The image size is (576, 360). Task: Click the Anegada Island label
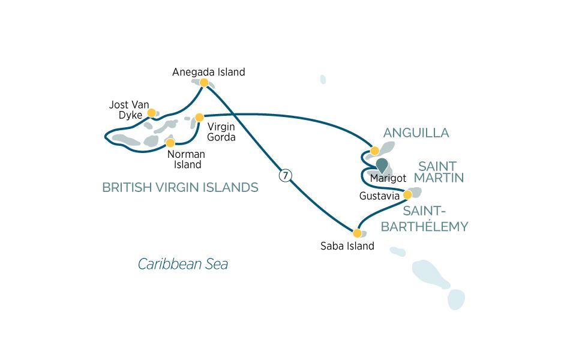pos(208,72)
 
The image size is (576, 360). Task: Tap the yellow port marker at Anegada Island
pos(204,83)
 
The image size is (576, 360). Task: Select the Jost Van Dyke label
pos(129,110)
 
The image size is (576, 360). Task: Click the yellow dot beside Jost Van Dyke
pos(152,112)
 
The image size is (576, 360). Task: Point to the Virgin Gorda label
pos(221,132)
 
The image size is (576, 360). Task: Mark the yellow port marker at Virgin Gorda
pos(200,118)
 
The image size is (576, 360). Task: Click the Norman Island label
pos(186,160)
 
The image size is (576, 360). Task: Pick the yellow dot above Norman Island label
pos(170,143)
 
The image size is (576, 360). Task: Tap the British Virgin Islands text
pos(180,188)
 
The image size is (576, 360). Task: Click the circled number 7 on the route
pos(286,176)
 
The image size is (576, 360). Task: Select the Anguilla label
pos(416,133)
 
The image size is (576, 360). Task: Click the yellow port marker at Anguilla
pos(375,151)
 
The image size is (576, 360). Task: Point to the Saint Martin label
pos(441,172)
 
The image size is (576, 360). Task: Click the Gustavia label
pos(379,196)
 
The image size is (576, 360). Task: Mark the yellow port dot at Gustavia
pos(407,194)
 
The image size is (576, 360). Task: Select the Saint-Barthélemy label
pos(424,219)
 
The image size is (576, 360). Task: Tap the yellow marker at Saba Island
pos(357,233)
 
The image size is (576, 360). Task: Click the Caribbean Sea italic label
pos(183,264)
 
